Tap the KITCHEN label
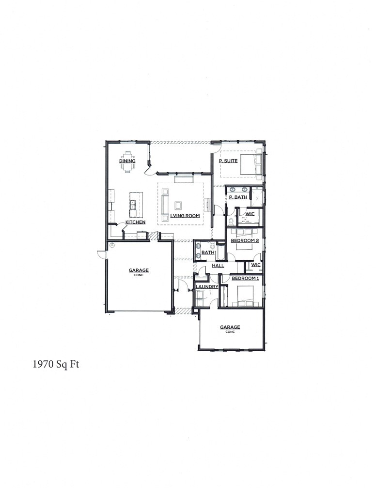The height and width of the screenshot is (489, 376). (x=135, y=222)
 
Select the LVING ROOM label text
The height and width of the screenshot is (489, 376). (x=186, y=216)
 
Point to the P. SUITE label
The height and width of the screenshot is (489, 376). (x=228, y=161)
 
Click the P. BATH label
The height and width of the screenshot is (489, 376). (x=238, y=197)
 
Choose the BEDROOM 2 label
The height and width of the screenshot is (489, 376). (x=245, y=240)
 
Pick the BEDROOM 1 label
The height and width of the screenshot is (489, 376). (x=245, y=279)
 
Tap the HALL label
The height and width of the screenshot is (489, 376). (x=218, y=266)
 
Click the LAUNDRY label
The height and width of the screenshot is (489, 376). (x=207, y=287)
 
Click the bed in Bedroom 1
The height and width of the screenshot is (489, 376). (x=246, y=296)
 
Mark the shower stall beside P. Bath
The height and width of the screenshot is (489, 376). (x=257, y=198)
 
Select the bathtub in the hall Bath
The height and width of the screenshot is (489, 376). (x=220, y=253)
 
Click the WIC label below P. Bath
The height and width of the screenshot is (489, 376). (x=250, y=213)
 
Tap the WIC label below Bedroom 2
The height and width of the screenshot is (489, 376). (x=256, y=265)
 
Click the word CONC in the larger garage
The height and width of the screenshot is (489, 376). (x=139, y=275)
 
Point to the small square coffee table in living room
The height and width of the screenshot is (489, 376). (x=178, y=205)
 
